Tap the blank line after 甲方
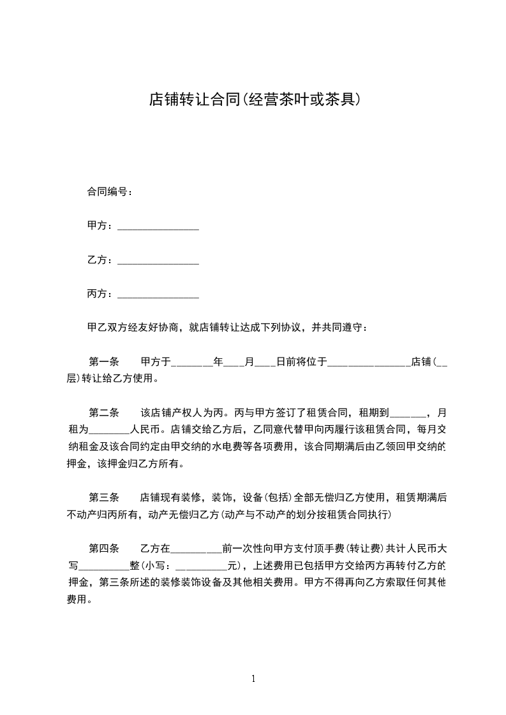pos(158,227)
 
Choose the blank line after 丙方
pos(158,295)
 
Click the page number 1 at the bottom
pos(253,679)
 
